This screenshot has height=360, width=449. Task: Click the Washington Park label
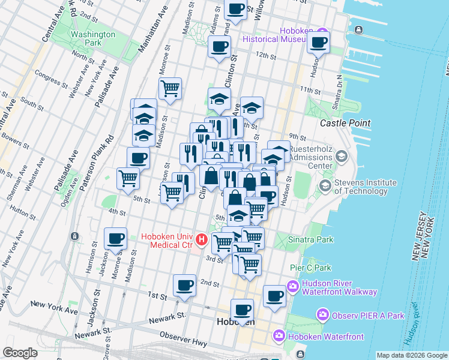point(93,38)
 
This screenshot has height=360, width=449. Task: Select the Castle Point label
point(345,123)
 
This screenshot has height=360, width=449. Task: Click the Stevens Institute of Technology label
point(366,187)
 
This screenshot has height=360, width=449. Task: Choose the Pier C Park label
point(315,266)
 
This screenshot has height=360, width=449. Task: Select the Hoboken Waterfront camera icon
point(279,335)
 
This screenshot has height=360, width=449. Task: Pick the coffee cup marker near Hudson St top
point(318,42)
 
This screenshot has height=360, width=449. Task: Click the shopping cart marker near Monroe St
point(170,89)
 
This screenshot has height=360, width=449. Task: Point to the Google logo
point(20,353)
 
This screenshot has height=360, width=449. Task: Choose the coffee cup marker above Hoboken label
point(242,310)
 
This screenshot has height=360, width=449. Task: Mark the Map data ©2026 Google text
point(412,355)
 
